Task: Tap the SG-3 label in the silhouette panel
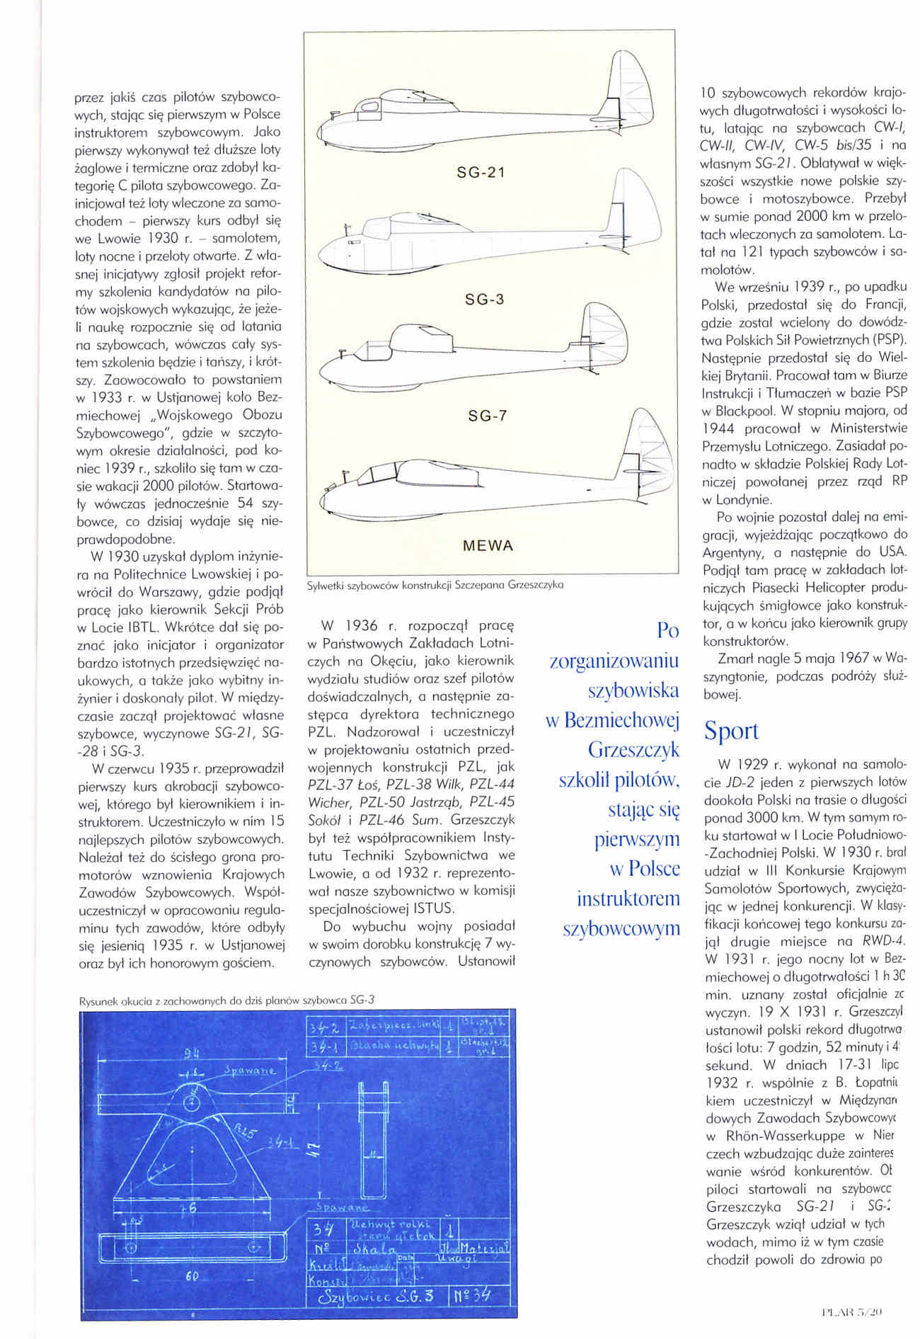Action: pyautogui.click(x=485, y=299)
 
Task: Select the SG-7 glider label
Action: pyautogui.click(x=488, y=416)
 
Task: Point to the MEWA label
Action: pyautogui.click(x=488, y=546)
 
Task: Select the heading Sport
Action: pyautogui.click(x=730, y=731)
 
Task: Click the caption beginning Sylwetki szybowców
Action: pyautogui.click(x=435, y=586)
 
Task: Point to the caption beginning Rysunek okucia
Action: pyautogui.click(x=227, y=1000)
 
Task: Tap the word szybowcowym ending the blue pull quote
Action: pyautogui.click(x=621, y=928)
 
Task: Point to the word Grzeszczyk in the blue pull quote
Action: pyautogui.click(x=633, y=749)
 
